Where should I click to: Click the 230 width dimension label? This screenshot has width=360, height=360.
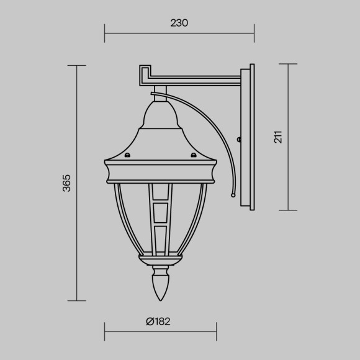tap(179, 23)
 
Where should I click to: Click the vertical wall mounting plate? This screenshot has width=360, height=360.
tap(251, 137)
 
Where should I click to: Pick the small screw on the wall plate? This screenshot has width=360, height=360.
tap(239, 140)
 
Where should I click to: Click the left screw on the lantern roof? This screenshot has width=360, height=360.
tap(127, 155)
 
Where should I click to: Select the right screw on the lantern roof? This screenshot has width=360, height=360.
tap(193, 155)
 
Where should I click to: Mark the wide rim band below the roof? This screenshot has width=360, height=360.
tap(160, 172)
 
